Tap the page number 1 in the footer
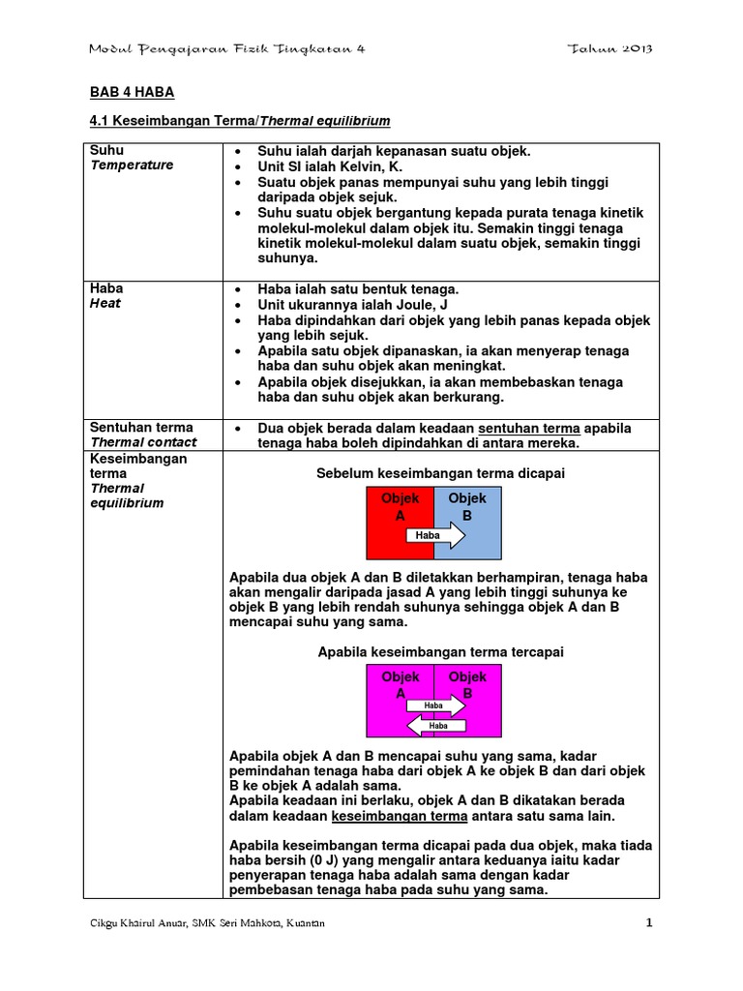pyautogui.click(x=650, y=923)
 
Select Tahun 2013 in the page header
pyautogui.click(x=611, y=49)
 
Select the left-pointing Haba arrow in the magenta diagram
pyautogui.click(x=435, y=725)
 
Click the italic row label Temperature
pyautogui.click(x=132, y=165)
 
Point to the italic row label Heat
pyautogui.click(x=105, y=304)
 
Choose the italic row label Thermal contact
pyautogui.click(x=143, y=442)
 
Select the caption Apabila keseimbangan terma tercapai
pyautogui.click(x=440, y=652)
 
